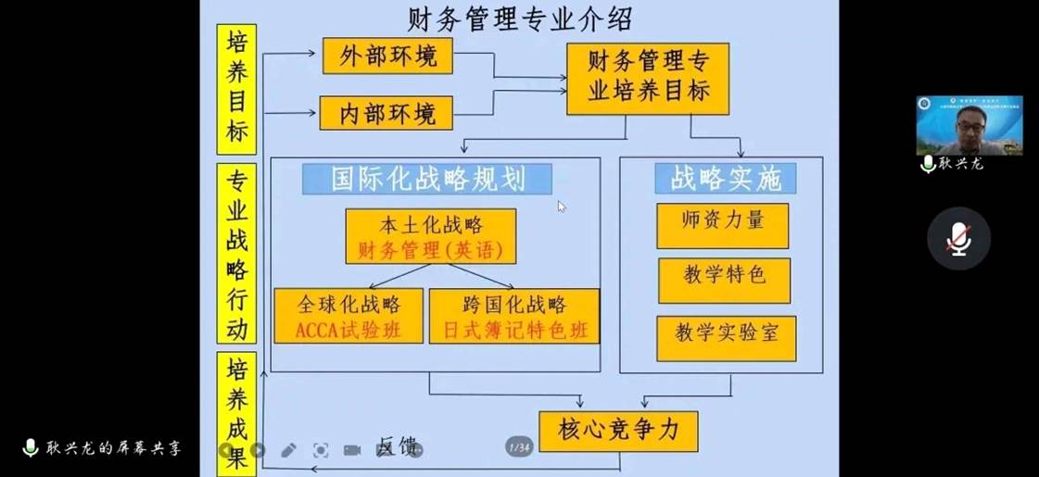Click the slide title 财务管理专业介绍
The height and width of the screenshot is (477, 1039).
pyautogui.click(x=520, y=19)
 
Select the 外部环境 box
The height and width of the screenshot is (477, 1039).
pyautogui.click(x=386, y=56)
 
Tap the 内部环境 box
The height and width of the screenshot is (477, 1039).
pyautogui.click(x=386, y=113)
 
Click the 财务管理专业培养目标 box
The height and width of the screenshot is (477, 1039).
pyautogui.click(x=647, y=78)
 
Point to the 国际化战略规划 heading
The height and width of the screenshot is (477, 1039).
pyautogui.click(x=426, y=179)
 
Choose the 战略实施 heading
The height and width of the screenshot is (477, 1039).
pyautogui.click(x=725, y=179)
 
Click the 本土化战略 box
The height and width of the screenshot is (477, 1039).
pyautogui.click(x=430, y=236)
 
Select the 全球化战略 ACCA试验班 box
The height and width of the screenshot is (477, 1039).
pyautogui.click(x=348, y=316)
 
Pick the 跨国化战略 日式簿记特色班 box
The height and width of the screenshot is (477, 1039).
pyautogui.click(x=513, y=316)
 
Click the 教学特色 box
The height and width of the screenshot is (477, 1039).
pyautogui.click(x=724, y=280)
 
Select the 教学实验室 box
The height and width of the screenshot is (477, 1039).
pyautogui.click(x=726, y=338)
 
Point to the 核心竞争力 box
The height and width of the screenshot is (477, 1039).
pyautogui.click(x=617, y=431)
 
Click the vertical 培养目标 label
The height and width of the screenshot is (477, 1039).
pyautogui.click(x=236, y=89)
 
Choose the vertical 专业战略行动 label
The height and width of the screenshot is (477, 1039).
pyautogui.click(x=236, y=254)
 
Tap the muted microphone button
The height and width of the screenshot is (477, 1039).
pyautogui.click(x=958, y=239)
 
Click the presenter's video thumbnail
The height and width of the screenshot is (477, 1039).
pyautogui.click(x=969, y=125)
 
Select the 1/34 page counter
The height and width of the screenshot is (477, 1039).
pyautogui.click(x=519, y=447)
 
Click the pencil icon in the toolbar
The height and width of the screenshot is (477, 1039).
pyautogui.click(x=288, y=450)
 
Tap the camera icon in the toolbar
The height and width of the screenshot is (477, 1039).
pyautogui.click(x=352, y=450)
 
